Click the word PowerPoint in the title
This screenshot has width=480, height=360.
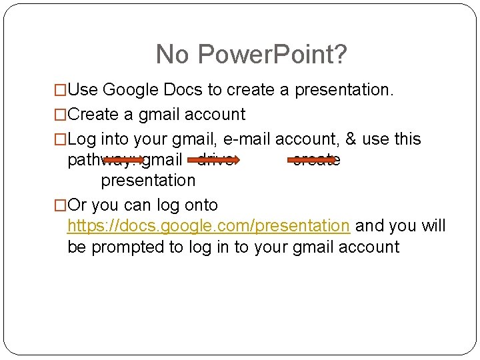(x=271, y=55)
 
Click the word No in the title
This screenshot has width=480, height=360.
(x=171, y=55)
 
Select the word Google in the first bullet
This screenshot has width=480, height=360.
(x=131, y=89)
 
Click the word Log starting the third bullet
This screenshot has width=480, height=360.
(x=82, y=139)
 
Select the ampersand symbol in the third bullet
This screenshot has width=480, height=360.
(x=351, y=139)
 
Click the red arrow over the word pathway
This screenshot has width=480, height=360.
(x=123, y=160)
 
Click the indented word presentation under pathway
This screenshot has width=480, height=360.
(x=148, y=181)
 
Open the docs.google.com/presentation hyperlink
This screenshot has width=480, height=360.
(x=209, y=226)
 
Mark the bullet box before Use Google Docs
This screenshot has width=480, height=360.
(x=61, y=90)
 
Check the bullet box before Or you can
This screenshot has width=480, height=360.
(x=61, y=205)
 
